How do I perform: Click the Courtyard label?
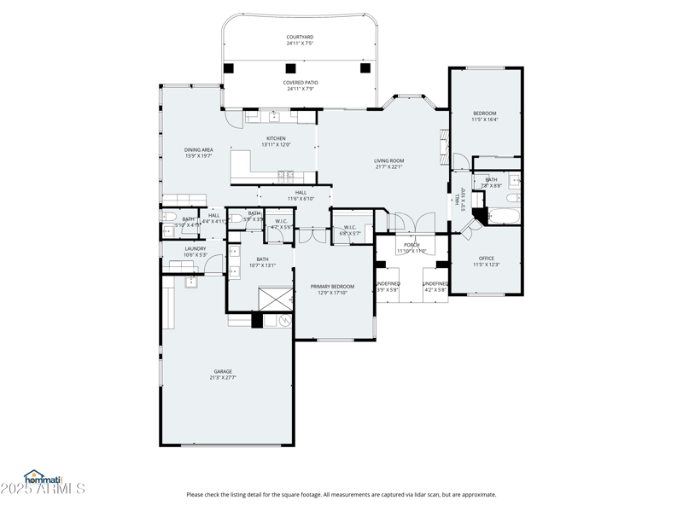click(x=300, y=38)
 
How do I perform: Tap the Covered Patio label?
click(x=300, y=83)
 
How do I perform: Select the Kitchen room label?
click(x=276, y=139)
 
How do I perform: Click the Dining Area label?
click(x=198, y=150)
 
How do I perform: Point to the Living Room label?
click(x=388, y=161)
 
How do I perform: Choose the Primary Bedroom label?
click(x=332, y=287)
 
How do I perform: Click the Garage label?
click(x=223, y=372)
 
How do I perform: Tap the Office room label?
click(x=486, y=259)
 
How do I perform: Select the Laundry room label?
click(x=195, y=249)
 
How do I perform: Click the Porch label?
click(x=412, y=245)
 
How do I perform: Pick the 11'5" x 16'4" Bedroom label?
click(x=484, y=113)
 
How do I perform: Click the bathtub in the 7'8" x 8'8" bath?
click(x=503, y=214)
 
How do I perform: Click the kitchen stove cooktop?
click(x=284, y=175)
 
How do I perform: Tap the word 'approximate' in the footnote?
click(x=476, y=494)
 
